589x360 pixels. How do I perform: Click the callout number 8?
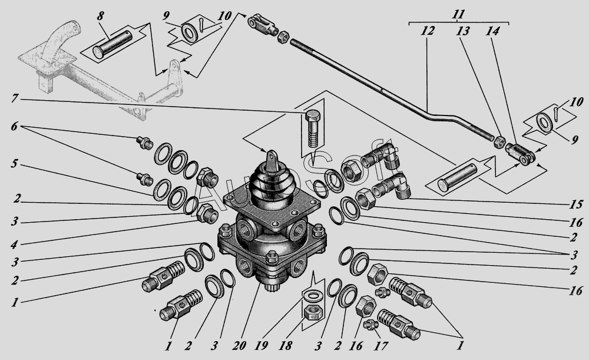[100, 16]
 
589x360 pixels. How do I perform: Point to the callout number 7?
[14, 99]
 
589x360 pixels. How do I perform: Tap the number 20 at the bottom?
[239, 345]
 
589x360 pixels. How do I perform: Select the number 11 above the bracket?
[458, 14]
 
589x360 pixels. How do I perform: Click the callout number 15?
[575, 204]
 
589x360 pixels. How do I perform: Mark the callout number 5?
[14, 164]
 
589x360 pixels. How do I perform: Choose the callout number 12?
[427, 30]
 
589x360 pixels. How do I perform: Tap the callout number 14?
[492, 31]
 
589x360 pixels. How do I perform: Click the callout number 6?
[14, 126]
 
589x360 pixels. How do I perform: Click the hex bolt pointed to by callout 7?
[314, 128]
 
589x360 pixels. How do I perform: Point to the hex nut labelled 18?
[312, 312]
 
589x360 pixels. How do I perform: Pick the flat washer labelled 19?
[312, 295]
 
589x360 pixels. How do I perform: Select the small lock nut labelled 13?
[498, 142]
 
